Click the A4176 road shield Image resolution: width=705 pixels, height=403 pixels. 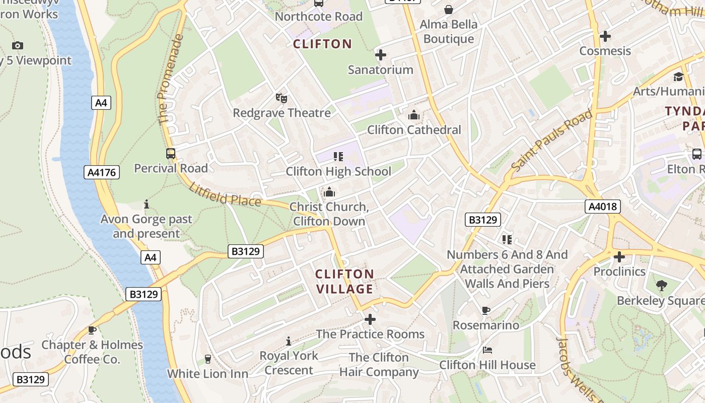coord(102,173)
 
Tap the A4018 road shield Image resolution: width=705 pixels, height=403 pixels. coord(603,206)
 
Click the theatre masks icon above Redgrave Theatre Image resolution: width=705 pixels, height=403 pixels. coord(281,98)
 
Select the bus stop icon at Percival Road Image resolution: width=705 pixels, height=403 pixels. coord(171,154)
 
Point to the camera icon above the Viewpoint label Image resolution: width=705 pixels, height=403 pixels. coord(18,46)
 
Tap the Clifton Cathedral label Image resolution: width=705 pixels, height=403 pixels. coord(414,130)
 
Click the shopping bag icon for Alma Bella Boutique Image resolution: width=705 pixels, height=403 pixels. coord(448,10)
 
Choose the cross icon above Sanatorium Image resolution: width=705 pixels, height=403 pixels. coord(381,55)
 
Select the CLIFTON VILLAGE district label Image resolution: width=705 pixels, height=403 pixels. coord(344,282)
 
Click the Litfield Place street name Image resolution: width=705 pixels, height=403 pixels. coord(225,194)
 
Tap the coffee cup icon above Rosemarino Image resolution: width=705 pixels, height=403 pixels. coord(485,310)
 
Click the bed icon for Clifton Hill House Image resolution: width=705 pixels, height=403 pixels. coord(487,350)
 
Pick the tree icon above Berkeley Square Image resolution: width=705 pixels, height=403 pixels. coord(662,286)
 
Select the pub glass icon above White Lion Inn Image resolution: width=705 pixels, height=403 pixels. coord(207,359)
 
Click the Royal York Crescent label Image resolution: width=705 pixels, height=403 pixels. coord(289,363)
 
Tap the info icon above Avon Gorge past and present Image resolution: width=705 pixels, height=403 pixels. coord(147,204)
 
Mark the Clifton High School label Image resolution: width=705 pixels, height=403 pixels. coord(338,171)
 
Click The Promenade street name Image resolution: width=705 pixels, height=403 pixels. coord(169,80)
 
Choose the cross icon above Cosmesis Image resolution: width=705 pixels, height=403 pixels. coord(605,36)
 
